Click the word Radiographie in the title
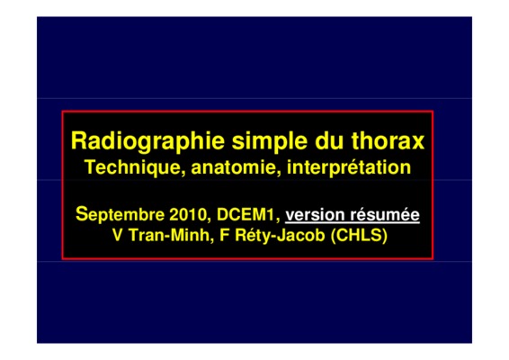point(147,141)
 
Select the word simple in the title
point(270,141)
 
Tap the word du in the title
point(329,140)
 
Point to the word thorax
point(388,140)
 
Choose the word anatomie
point(237,167)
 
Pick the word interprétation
point(349,167)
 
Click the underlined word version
point(315,215)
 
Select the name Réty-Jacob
point(280,236)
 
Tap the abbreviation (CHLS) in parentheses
point(359,236)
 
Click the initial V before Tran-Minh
point(118,235)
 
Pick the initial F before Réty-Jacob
point(224,235)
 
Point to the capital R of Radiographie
point(78,140)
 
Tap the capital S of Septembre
point(82,214)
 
